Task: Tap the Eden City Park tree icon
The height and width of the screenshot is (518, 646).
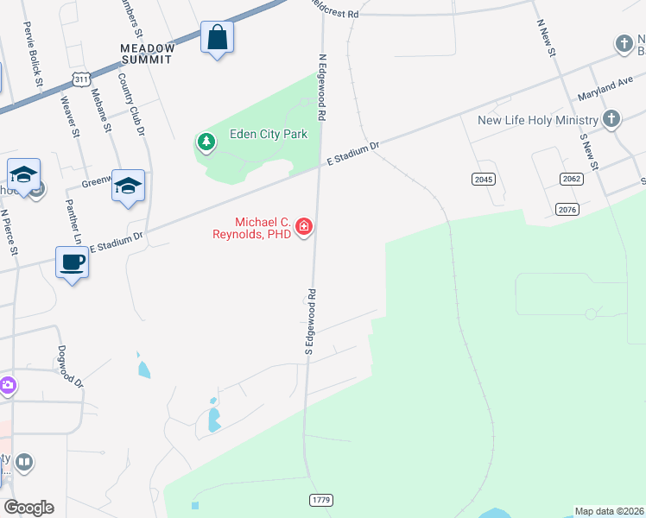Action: (x=206, y=142)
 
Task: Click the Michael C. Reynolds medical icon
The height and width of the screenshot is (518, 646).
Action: (x=303, y=227)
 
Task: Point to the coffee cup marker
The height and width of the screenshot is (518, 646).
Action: (x=72, y=262)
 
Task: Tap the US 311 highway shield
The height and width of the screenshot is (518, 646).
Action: (x=80, y=79)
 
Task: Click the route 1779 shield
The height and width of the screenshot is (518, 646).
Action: (x=320, y=501)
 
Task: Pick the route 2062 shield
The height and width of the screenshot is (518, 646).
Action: (x=571, y=179)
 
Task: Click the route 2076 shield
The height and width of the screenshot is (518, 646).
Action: (x=567, y=210)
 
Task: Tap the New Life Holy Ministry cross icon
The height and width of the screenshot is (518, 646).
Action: (x=611, y=119)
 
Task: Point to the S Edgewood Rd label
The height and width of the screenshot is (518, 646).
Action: (x=308, y=322)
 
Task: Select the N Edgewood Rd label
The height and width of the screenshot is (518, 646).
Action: (x=321, y=87)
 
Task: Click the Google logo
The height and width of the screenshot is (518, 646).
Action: (x=28, y=508)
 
